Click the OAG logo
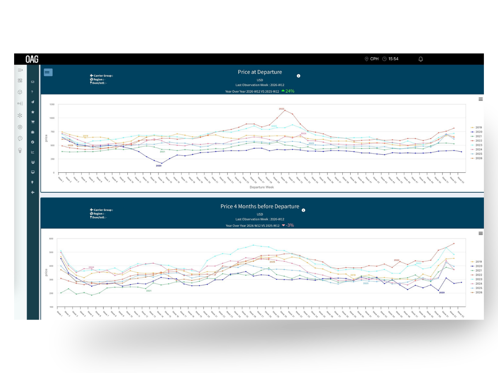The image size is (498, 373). [x=32, y=59]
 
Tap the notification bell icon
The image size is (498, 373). [x=420, y=59]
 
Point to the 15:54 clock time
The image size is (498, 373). [x=393, y=59]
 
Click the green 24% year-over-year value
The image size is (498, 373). [x=290, y=91]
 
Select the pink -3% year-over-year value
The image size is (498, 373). [x=290, y=225]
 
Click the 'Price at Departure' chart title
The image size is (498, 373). [x=260, y=72]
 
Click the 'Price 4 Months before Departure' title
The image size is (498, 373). [x=260, y=206]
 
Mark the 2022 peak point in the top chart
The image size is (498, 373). [x=285, y=110]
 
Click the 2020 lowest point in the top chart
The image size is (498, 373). [x=161, y=164]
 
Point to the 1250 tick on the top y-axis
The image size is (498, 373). [x=52, y=104]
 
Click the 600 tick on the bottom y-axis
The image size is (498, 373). [x=51, y=239]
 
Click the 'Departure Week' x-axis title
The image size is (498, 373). [x=261, y=187]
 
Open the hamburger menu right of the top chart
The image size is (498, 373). [x=481, y=99]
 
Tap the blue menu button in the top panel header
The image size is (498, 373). [x=48, y=72]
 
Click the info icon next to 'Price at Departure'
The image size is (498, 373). [x=298, y=76]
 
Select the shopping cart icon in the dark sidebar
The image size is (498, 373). [x=33, y=122]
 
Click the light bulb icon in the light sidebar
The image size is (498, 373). [x=20, y=150]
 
